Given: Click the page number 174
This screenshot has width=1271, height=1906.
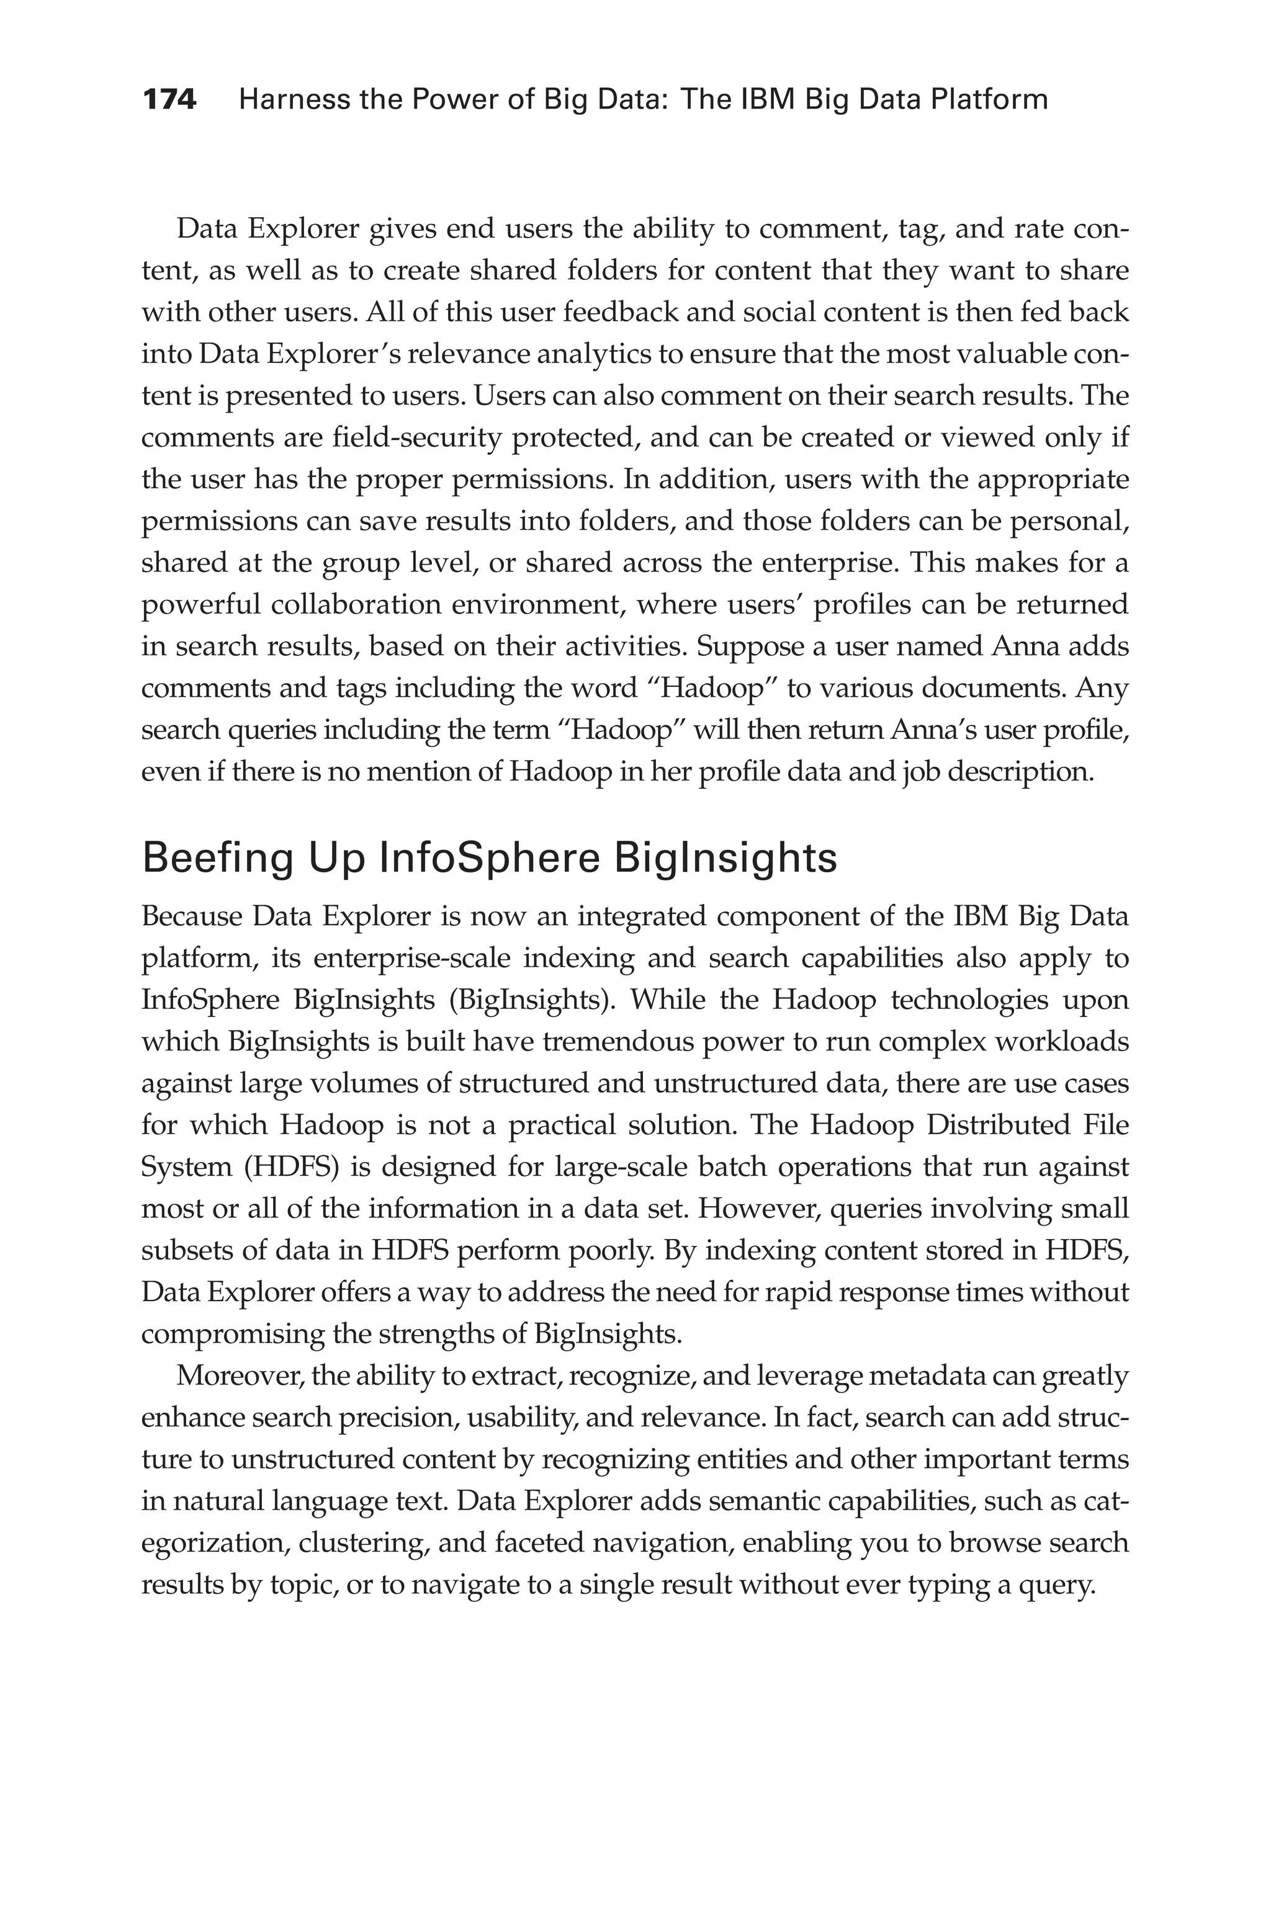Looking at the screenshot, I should pyautogui.click(x=169, y=100).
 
